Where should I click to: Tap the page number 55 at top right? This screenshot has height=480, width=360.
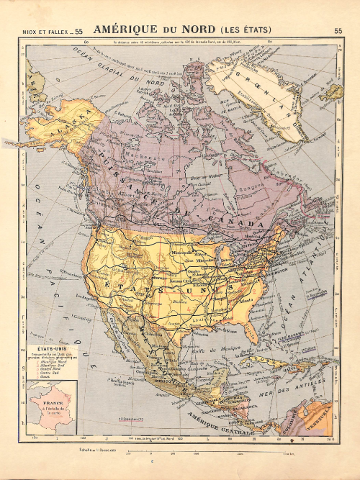(338, 30)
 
